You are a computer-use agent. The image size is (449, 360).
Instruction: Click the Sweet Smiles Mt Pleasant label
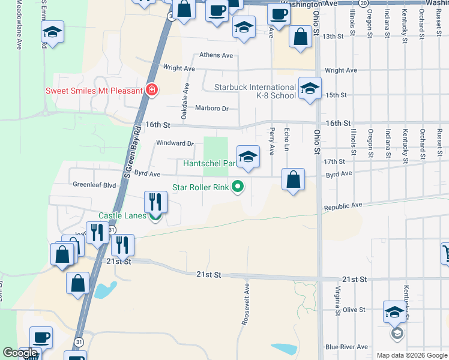tap(94, 91)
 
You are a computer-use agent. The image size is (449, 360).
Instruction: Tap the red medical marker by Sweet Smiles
tap(152, 91)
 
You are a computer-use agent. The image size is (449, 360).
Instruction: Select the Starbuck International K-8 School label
tap(255, 91)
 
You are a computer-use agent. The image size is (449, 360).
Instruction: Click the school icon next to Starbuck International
tap(310, 89)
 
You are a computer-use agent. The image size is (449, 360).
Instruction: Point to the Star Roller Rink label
tap(200, 187)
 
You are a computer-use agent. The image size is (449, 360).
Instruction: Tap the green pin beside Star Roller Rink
tap(238, 187)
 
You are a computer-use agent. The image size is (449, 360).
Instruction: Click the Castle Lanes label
tap(122, 215)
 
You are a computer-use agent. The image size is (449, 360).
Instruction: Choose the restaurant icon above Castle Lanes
tap(155, 202)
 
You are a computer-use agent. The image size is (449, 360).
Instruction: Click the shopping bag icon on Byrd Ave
tap(293, 179)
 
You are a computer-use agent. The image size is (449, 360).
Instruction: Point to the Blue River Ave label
tap(346, 347)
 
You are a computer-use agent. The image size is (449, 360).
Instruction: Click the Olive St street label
tap(354, 310)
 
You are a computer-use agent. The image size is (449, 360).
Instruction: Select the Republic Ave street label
tap(344, 206)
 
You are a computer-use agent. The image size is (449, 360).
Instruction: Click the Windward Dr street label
tap(175, 143)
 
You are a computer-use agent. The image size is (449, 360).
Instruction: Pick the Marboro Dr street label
tap(212, 109)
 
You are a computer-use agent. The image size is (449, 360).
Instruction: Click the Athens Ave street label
tap(216, 55)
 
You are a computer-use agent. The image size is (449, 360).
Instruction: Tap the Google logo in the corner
tap(20, 353)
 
